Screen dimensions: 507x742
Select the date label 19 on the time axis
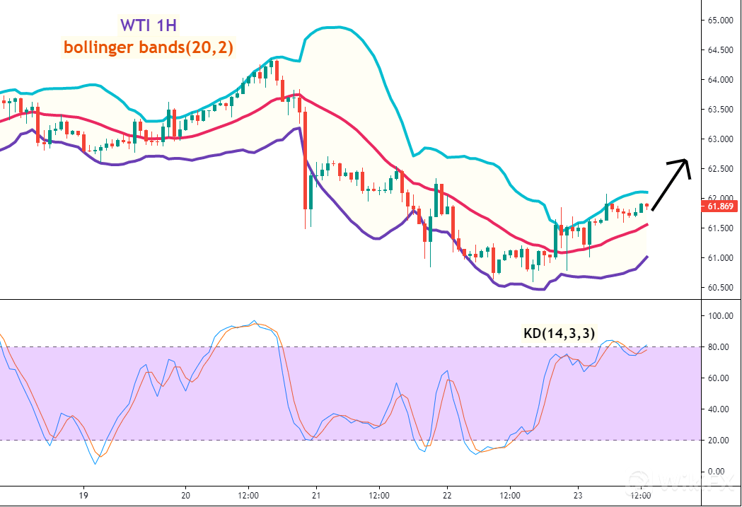coord(83,496)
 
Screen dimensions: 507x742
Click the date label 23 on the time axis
coord(577,496)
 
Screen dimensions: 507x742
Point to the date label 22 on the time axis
coord(446,496)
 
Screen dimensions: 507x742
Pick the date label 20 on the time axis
coord(186,496)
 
